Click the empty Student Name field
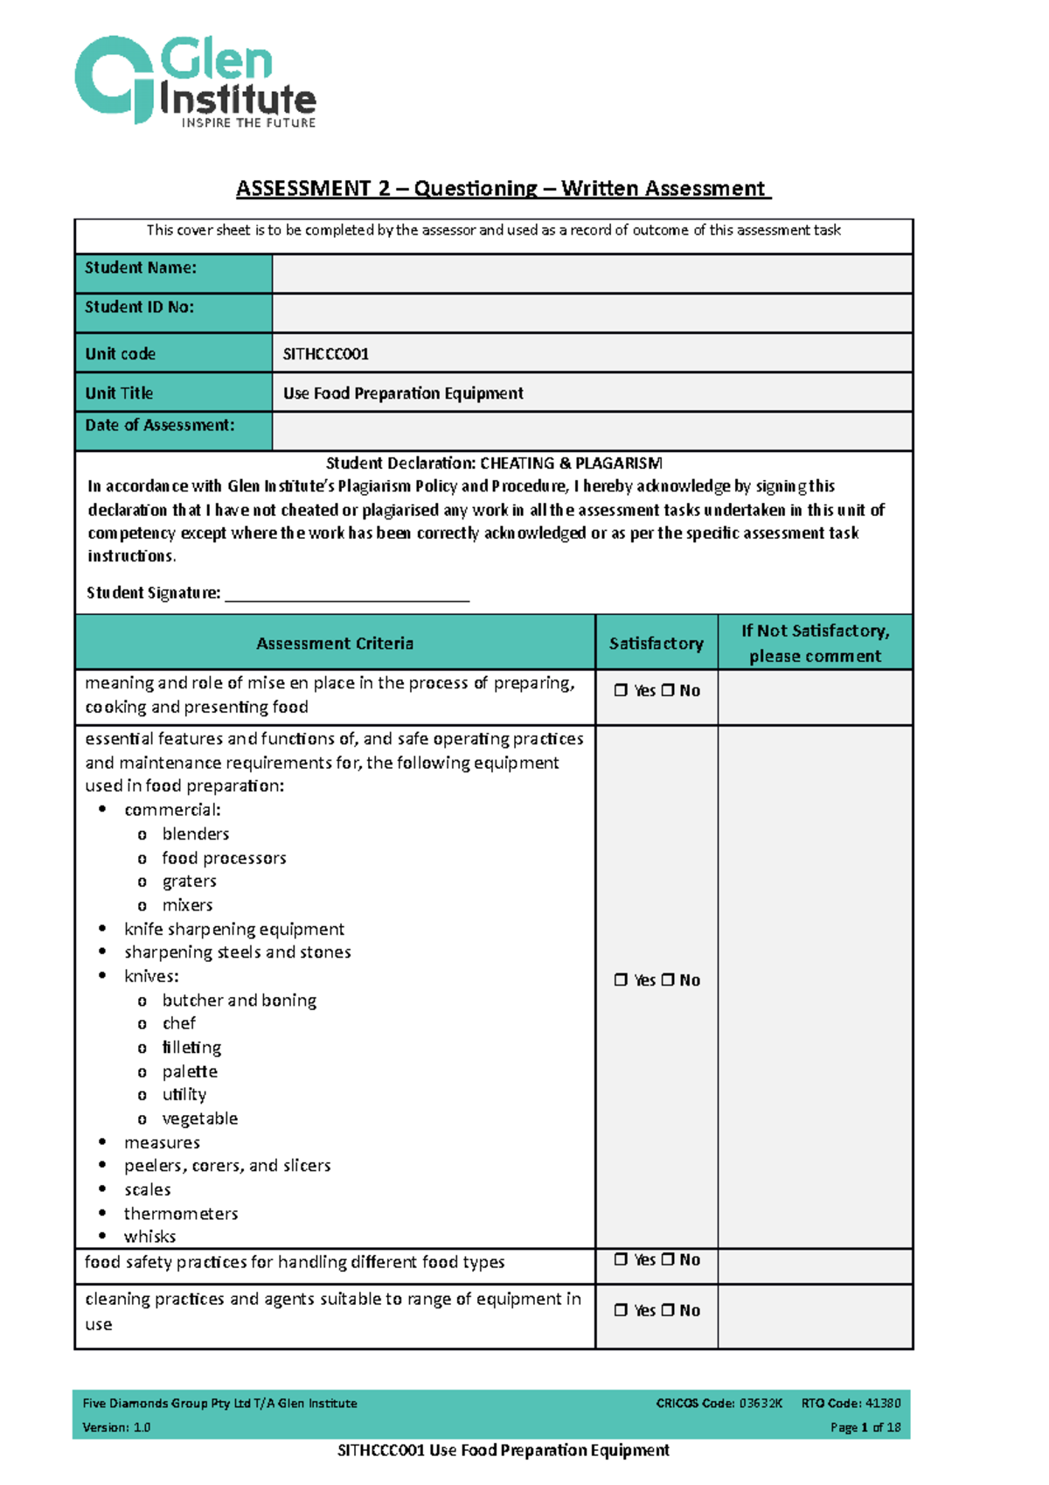click(592, 274)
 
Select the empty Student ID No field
click(592, 312)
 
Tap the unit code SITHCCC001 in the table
click(326, 354)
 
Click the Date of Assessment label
click(160, 426)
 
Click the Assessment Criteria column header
click(335, 644)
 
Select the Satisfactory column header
click(656, 644)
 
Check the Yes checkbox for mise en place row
click(621, 690)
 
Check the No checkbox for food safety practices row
click(668, 1259)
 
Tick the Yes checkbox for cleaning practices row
click(621, 1310)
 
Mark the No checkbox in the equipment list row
click(668, 980)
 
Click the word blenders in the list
click(196, 834)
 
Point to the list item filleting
click(191, 1048)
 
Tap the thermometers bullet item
click(181, 1214)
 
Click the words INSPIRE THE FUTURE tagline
click(248, 123)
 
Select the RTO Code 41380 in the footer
click(851, 1403)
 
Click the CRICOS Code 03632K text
click(719, 1403)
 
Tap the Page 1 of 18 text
click(865, 1427)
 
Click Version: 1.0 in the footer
click(116, 1427)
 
